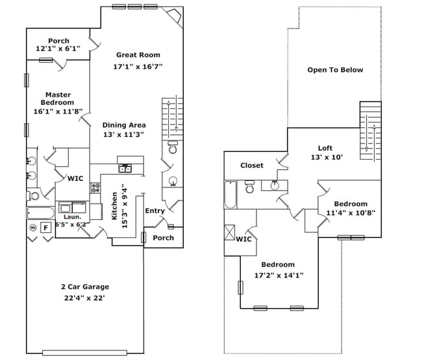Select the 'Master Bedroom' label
58,99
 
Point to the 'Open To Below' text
335,70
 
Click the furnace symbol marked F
45,228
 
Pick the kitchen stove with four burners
96,189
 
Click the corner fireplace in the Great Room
173,16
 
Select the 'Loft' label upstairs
325,148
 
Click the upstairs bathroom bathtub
231,194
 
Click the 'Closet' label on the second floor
252,165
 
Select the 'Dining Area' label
123,125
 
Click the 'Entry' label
155,210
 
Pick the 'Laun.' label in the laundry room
71,217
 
